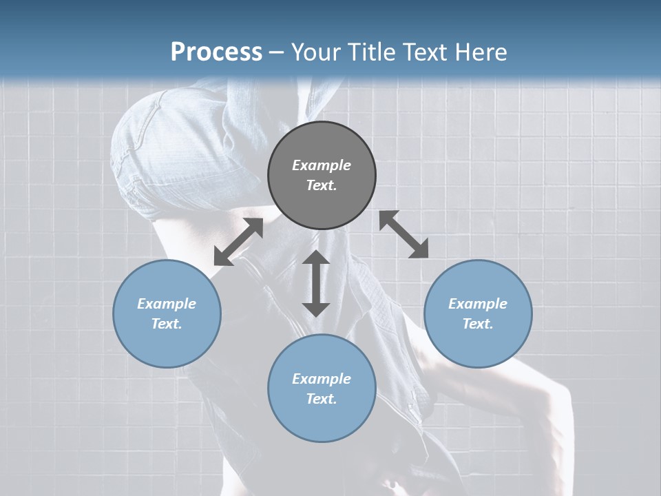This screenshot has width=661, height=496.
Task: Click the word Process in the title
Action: pos(216,52)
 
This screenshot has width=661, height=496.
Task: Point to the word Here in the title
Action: pos(480,52)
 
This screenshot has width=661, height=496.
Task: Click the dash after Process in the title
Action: pos(276,53)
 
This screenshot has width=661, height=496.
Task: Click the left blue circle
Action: pos(167,313)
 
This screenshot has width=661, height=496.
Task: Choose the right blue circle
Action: pos(478,313)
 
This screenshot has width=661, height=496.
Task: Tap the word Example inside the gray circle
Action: pos(322,165)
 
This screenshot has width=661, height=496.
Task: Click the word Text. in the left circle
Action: pos(167,324)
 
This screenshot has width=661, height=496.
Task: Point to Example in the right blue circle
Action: pos(478,304)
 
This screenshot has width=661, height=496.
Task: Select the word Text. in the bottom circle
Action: pos(322,399)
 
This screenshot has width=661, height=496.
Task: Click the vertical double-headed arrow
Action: pos(316,283)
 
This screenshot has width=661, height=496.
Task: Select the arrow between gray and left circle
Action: pos(238,242)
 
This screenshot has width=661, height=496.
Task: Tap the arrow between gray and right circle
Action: pos(404,235)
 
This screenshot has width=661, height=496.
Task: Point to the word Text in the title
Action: pos(425,52)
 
